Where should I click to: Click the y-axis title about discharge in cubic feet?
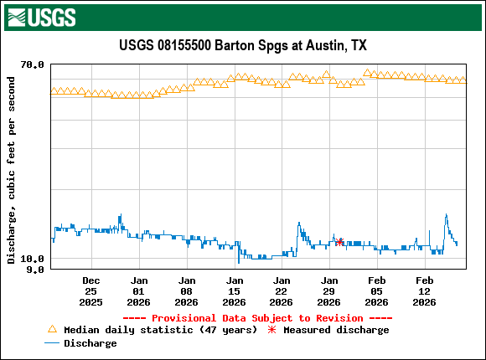pos(12,170)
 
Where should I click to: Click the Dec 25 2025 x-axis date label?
pos(91,291)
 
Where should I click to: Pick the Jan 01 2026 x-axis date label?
pos(139,291)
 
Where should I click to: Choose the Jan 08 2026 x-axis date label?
pos(187,291)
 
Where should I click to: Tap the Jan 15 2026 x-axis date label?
pos(235,291)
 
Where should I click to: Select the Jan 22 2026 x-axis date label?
pos(282,291)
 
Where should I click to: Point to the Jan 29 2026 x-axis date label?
pos(329,291)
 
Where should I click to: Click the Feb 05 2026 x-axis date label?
pos(377,291)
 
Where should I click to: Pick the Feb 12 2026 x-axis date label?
pos(425,291)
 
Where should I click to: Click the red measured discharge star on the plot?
pos(339,242)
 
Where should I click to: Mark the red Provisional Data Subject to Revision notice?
pos(257,318)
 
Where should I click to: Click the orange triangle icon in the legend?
pos(53,330)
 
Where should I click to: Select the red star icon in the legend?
pos(271,330)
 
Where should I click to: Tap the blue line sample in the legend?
pos(53,343)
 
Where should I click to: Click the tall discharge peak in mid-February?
pos(446,216)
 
